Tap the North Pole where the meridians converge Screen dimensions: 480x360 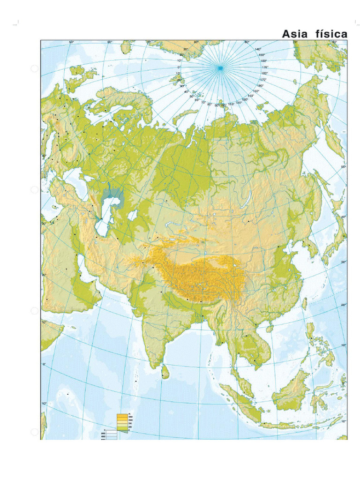point(219,68)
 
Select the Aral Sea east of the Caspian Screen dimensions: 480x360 point(133,216)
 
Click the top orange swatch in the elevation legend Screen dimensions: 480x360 point(122,415)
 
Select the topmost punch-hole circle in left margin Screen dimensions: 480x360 point(34,68)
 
